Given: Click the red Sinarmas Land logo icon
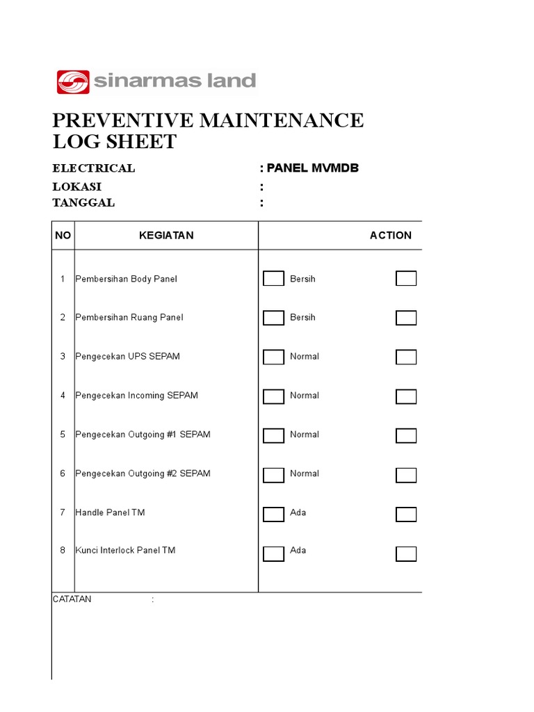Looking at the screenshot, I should point(73,82).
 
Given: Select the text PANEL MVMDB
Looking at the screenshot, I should point(313,168).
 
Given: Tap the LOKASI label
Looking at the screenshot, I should point(77,186).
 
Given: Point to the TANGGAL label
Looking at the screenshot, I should point(83,203).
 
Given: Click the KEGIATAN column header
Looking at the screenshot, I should point(166,236).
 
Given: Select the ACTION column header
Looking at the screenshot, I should point(390,236).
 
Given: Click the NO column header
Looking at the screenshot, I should point(63,236).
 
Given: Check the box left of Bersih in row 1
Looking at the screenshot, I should point(273,279).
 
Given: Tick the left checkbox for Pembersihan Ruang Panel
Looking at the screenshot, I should point(273,318).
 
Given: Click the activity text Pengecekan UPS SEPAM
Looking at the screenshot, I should point(128,357).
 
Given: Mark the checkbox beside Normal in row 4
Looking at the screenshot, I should point(273,396).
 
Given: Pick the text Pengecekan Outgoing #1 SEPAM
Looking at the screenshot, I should point(143,435).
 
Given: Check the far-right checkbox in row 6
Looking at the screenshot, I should point(406,476).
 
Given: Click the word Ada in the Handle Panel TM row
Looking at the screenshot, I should point(298,512).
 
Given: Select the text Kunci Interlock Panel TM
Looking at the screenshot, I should point(126,551).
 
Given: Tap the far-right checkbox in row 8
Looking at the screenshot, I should point(406,554).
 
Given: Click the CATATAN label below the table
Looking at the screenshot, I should point(72,599).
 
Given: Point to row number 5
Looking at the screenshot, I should point(63,435).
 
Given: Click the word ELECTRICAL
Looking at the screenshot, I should point(94,168).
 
